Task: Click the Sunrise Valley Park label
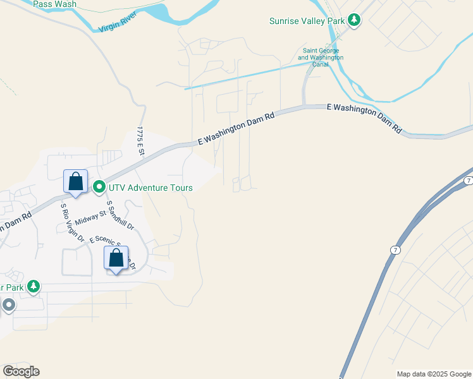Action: [x=307, y=21]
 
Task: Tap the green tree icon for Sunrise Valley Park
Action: [x=355, y=20]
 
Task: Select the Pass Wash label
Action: [x=54, y=4]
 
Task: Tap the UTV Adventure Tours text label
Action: [x=150, y=188]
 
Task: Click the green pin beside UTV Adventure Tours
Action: [x=99, y=187]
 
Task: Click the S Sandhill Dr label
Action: [x=120, y=215]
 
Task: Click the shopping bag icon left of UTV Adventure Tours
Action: [x=75, y=181]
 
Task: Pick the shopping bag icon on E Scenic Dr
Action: [x=116, y=258]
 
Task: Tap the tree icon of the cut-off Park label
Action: [x=33, y=287]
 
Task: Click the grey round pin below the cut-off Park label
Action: [x=8, y=306]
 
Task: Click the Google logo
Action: [x=21, y=371]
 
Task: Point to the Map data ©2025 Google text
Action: [x=434, y=374]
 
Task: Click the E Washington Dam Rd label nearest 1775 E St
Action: [x=236, y=128]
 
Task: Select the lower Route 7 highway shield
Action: [x=394, y=250]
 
